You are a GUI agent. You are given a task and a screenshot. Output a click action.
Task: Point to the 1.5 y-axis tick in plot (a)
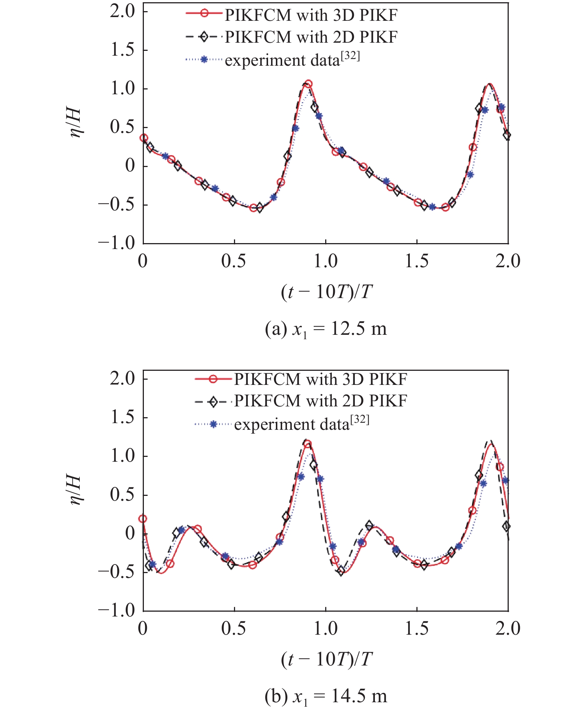(122, 50)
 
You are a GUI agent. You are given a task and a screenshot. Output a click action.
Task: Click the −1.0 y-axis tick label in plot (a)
(116, 243)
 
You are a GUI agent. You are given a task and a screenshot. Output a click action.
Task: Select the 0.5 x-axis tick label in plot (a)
(234, 261)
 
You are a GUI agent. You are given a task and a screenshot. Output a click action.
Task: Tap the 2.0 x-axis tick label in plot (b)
(508, 628)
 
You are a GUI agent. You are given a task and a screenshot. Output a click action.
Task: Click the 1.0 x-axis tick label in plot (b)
(325, 628)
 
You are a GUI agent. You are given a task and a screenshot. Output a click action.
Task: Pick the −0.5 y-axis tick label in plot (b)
(116, 571)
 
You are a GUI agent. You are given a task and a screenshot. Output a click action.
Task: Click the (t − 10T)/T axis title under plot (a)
(326, 292)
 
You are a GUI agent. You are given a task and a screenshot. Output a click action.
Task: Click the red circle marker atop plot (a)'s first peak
(308, 84)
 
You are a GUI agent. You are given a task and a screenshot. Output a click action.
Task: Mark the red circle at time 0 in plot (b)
(143, 519)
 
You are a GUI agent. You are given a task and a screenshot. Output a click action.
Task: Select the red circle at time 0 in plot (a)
(143, 138)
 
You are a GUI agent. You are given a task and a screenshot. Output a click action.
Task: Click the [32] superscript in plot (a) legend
(350, 56)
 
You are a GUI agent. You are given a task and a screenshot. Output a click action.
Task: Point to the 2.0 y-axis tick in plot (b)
(122, 379)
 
